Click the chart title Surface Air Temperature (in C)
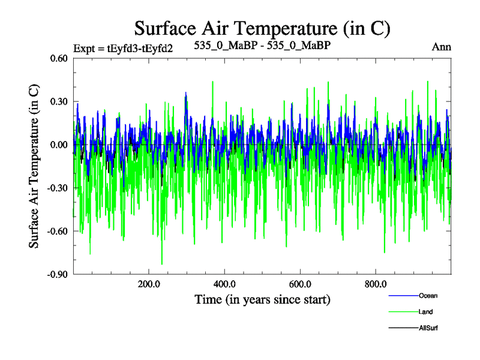point(262,28)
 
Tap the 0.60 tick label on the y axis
point(59,59)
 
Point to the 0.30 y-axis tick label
point(59,102)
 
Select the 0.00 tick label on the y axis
point(59,145)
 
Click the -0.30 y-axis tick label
point(58,188)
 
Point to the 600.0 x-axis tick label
point(299,284)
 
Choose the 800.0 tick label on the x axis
point(375,284)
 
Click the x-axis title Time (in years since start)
point(262,299)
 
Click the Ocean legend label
point(428,296)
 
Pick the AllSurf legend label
point(429,328)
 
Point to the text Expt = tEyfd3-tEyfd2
point(122,48)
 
